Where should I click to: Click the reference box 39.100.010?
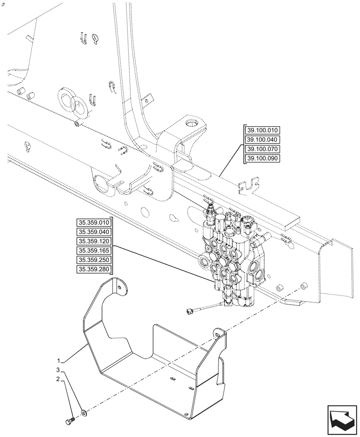click(x=263, y=130)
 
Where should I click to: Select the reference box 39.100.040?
click(x=263, y=140)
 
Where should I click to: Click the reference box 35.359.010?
click(x=94, y=222)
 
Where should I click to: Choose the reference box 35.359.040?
click(x=94, y=232)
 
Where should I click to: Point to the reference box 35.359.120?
click(x=94, y=241)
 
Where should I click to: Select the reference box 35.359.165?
click(x=94, y=251)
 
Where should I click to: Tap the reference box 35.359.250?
click(x=94, y=260)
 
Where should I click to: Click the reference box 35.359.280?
click(x=94, y=270)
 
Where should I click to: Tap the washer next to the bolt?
click(x=83, y=412)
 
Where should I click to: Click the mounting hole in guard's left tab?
click(x=119, y=287)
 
